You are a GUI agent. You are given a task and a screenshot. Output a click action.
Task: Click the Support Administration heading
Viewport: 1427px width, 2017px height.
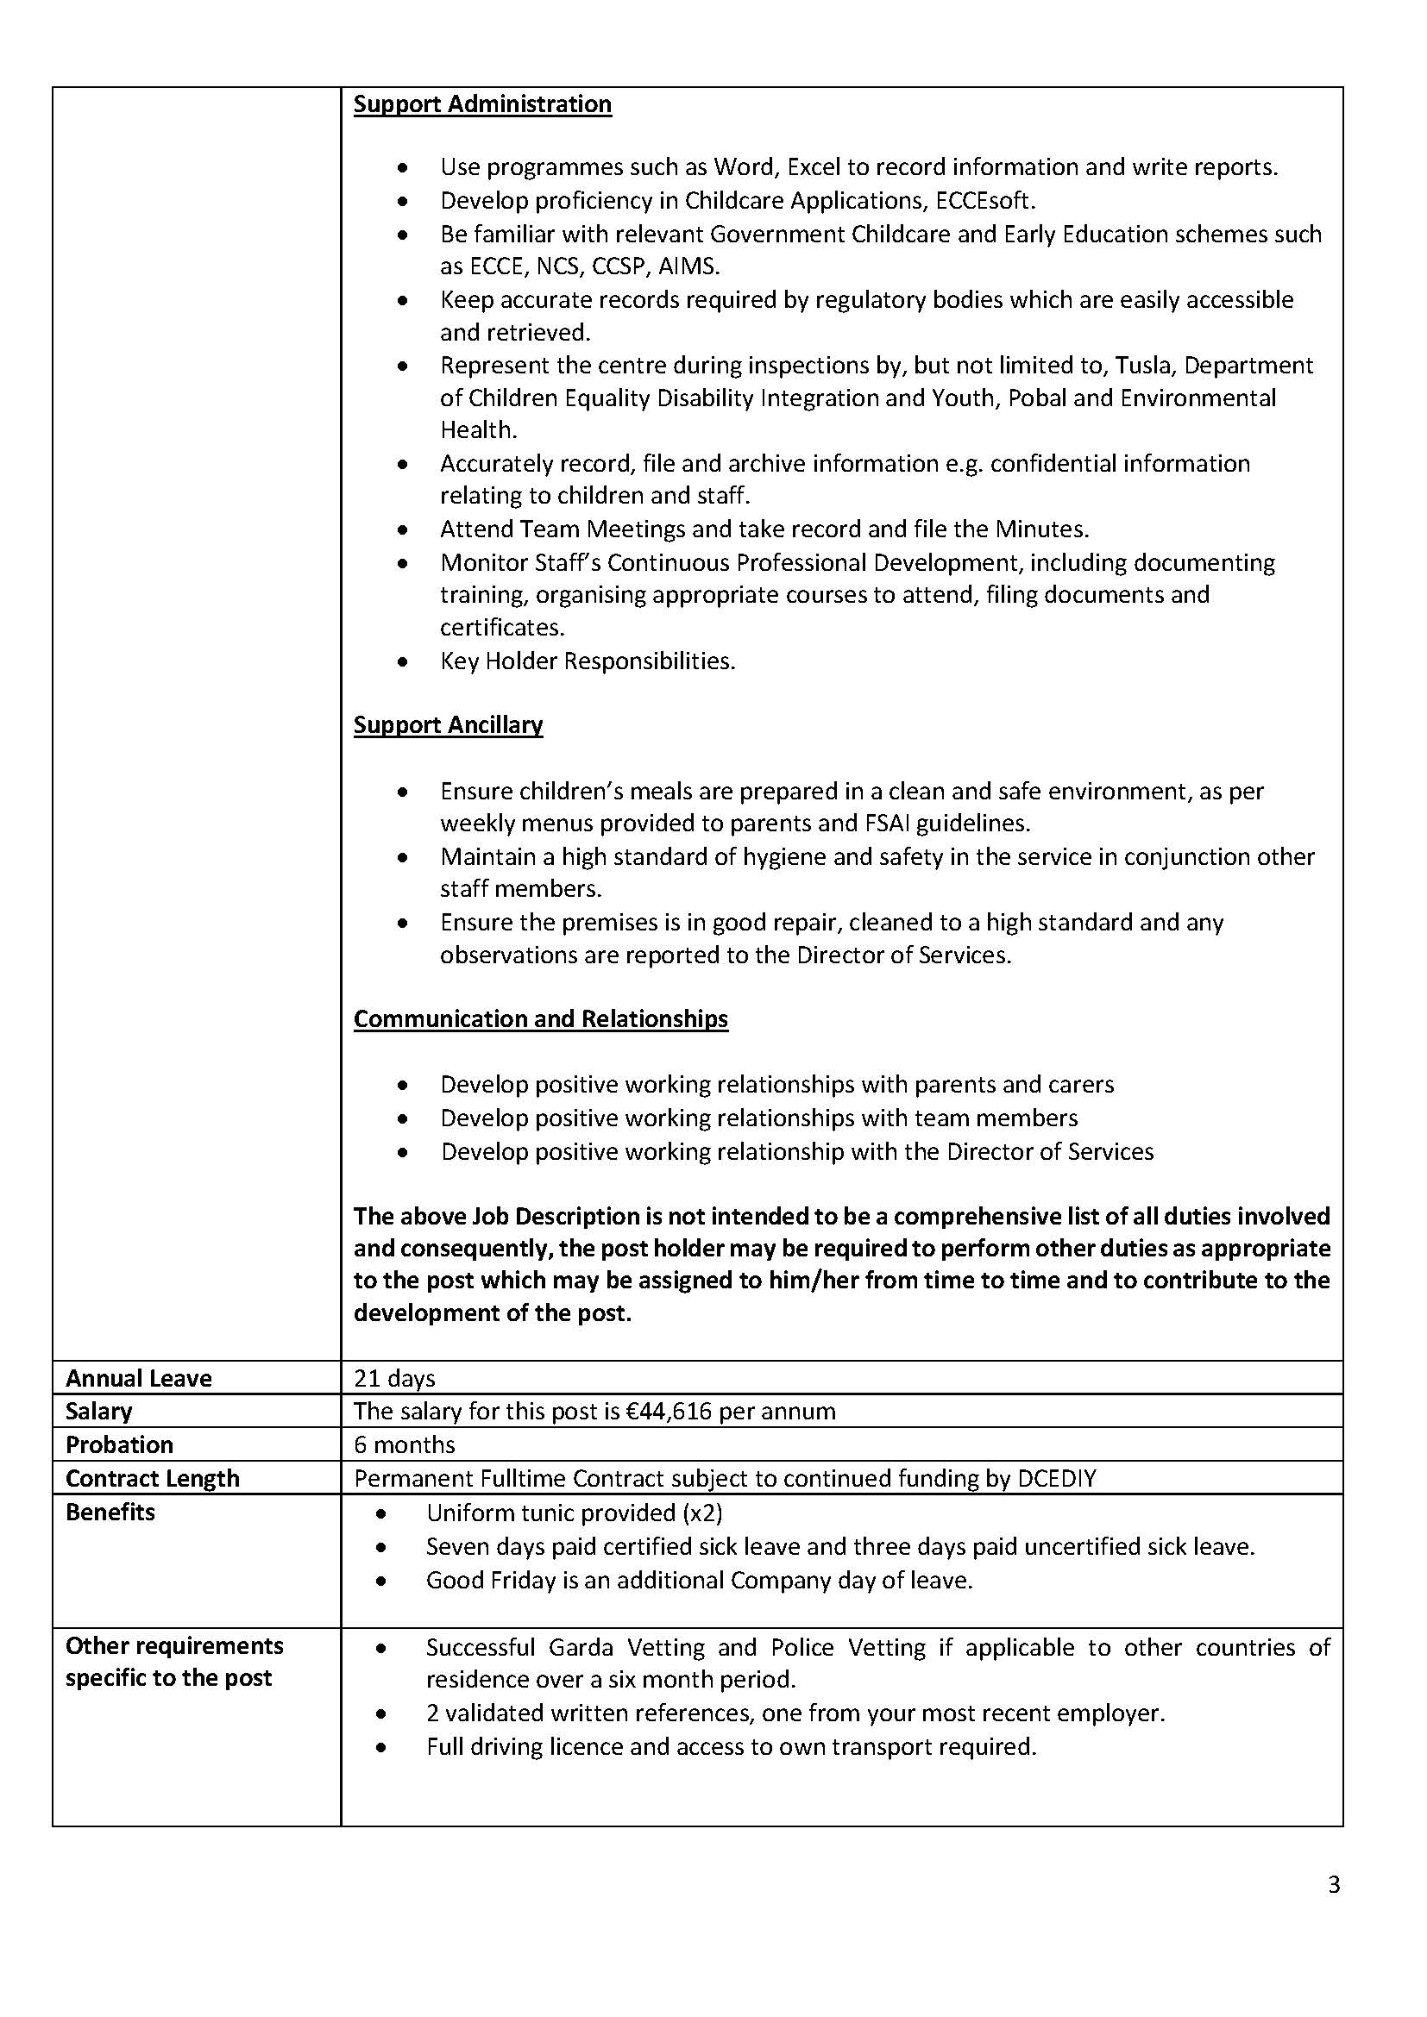[482, 104]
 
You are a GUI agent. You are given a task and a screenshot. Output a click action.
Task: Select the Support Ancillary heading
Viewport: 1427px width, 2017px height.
[448, 724]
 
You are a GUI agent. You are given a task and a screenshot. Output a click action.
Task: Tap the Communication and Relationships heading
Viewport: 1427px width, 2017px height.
[540, 1019]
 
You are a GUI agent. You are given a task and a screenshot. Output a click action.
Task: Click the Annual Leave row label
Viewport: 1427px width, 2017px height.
[139, 1378]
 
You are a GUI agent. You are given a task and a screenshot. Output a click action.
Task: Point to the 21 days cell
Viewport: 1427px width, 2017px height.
[394, 1378]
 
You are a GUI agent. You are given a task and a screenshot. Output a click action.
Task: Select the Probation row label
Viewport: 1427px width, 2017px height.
[120, 1445]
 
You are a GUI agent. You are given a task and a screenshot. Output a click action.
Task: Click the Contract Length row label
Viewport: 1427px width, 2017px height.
[152, 1479]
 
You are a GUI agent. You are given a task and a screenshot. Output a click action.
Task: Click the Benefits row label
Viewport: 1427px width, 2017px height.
[110, 1513]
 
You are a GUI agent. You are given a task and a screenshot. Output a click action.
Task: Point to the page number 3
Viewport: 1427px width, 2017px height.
[1334, 1885]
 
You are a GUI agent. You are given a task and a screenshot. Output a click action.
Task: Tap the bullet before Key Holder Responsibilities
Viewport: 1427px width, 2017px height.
[402, 662]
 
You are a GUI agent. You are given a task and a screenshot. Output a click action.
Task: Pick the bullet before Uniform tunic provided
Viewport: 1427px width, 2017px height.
[380, 1514]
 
